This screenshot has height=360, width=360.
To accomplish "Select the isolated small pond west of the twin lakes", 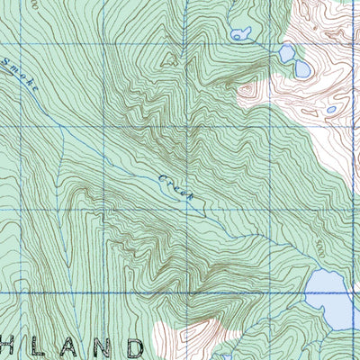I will coord(240,36).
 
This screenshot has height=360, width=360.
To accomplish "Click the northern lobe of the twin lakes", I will coord(287,54).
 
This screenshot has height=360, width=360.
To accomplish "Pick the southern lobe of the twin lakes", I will coord(301,68).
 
